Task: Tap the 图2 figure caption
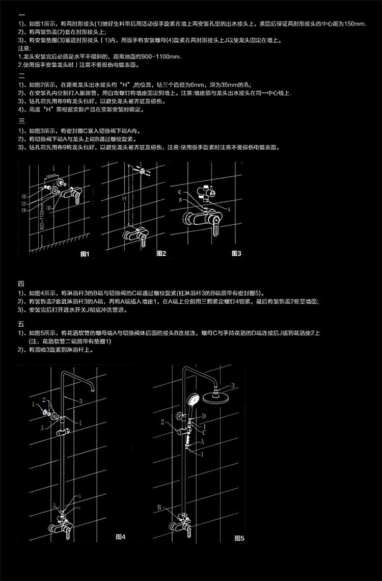(x=161, y=253)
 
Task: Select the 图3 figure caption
(x=236, y=253)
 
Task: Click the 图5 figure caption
(x=239, y=537)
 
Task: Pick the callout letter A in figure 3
(x=229, y=209)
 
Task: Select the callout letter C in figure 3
(x=180, y=192)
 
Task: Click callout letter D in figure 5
(x=204, y=416)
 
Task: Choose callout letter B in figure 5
(x=159, y=507)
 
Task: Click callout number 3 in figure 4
(x=80, y=402)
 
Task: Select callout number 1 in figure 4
(x=33, y=404)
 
